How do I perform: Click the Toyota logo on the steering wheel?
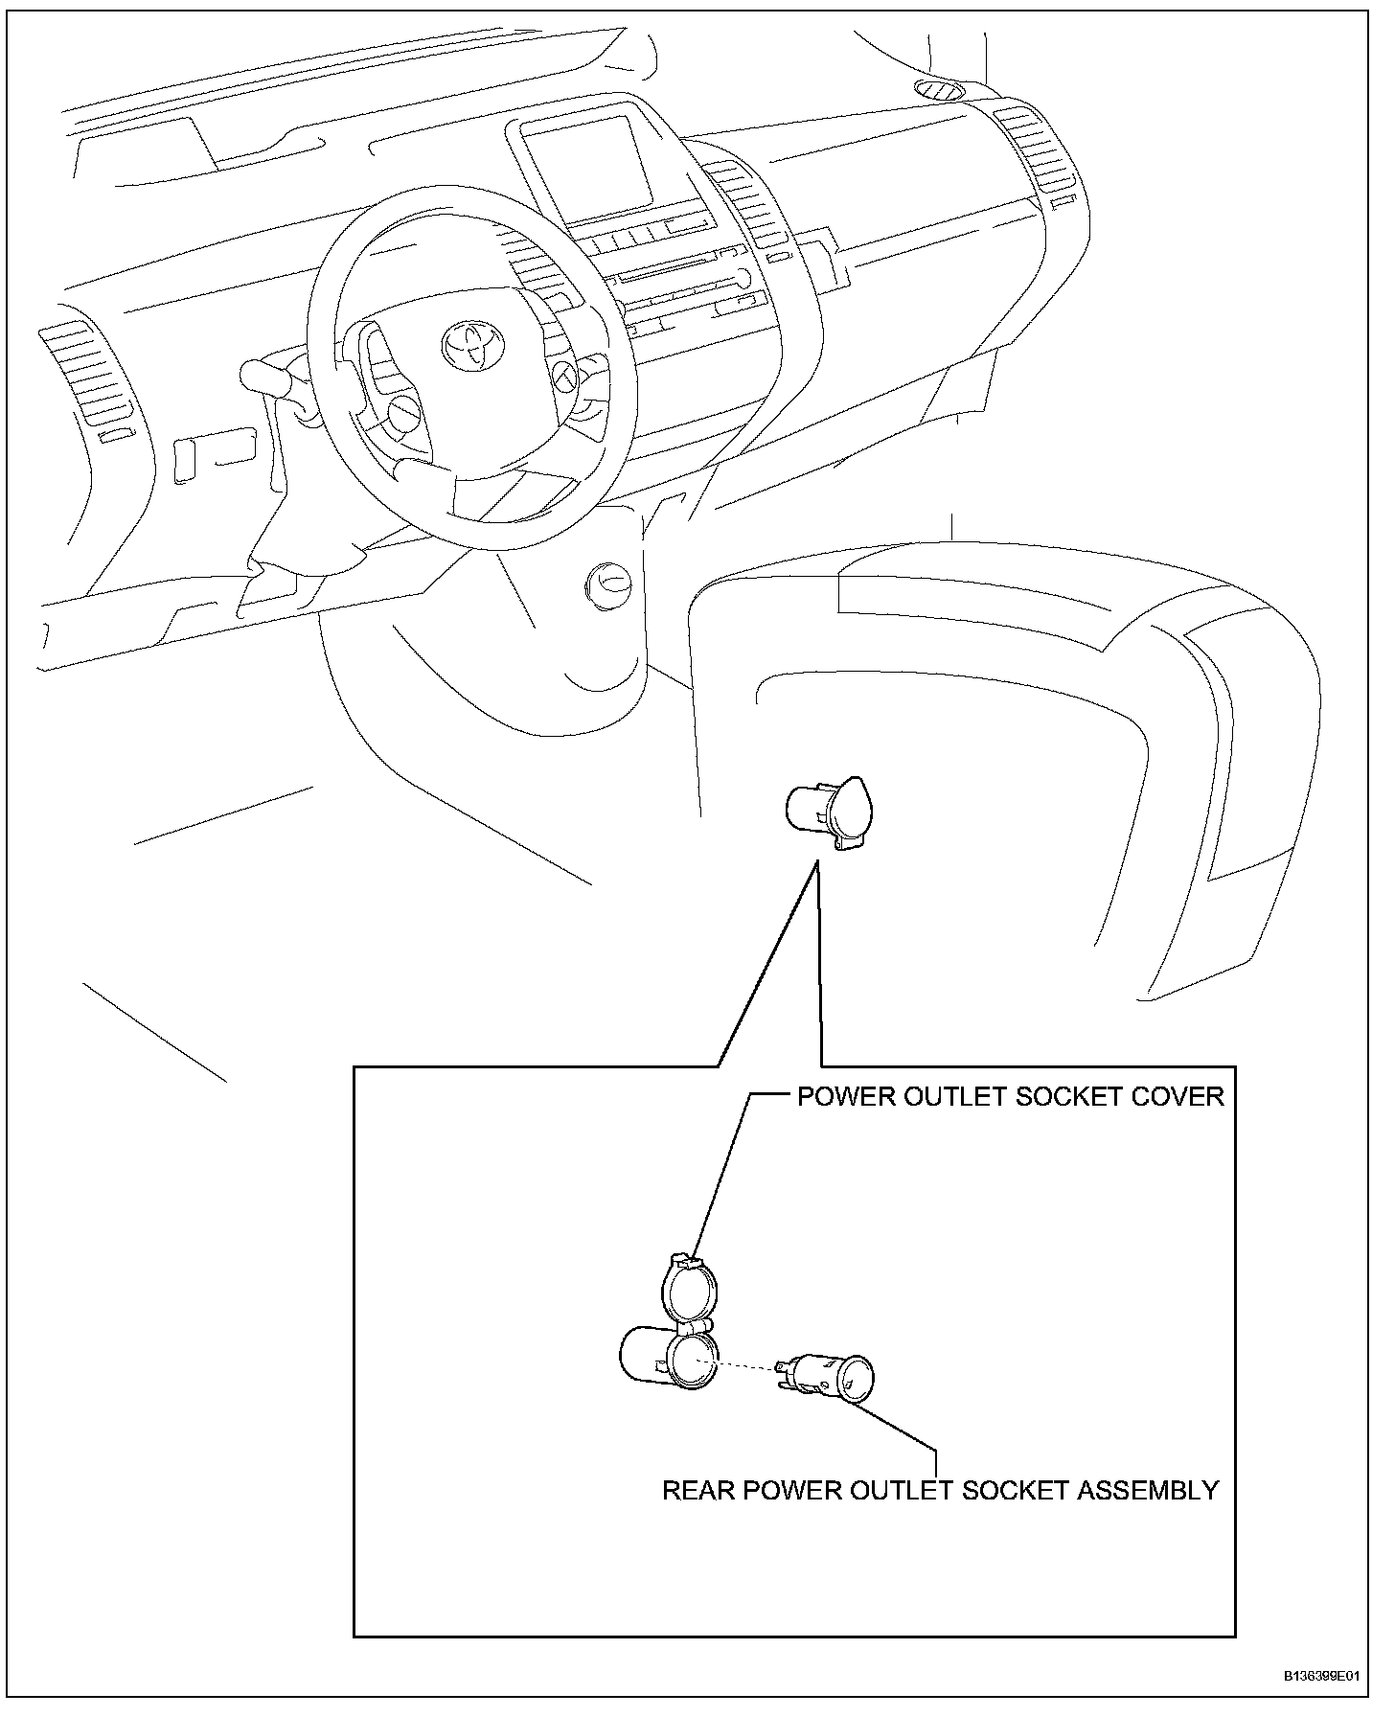[x=472, y=342]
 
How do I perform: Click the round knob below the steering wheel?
[x=608, y=583]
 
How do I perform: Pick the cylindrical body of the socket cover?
[x=647, y=1357]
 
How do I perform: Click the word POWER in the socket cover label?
[x=839, y=1096]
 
